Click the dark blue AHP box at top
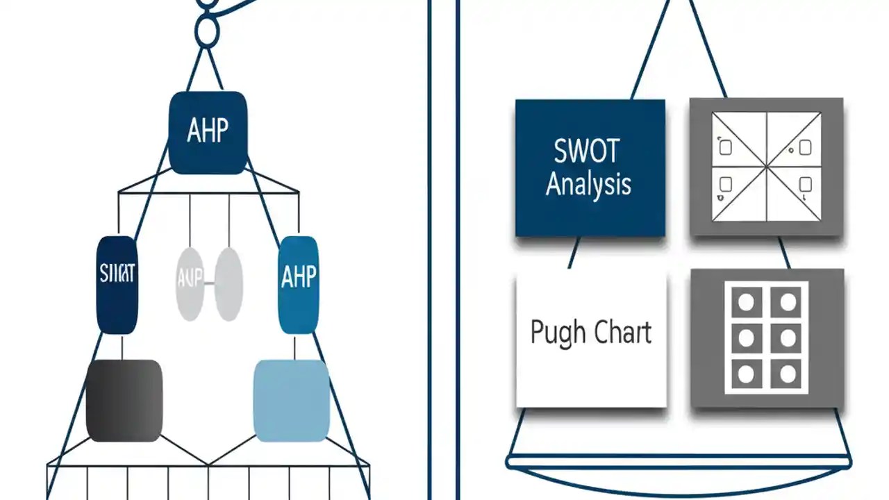click(x=208, y=133)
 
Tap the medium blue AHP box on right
click(x=298, y=285)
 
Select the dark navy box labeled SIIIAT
click(x=117, y=285)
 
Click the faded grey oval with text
click(x=190, y=284)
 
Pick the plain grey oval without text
click(x=229, y=284)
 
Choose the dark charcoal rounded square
click(x=124, y=400)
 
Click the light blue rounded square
click(x=291, y=400)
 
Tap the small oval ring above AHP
click(x=207, y=32)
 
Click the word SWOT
click(x=586, y=151)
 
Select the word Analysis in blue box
click(x=588, y=184)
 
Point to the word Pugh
click(x=555, y=333)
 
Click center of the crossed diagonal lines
click(x=766, y=167)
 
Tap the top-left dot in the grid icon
click(x=746, y=302)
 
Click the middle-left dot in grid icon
click(x=746, y=338)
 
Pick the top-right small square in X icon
click(x=805, y=148)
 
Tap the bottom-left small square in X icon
click(x=725, y=185)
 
